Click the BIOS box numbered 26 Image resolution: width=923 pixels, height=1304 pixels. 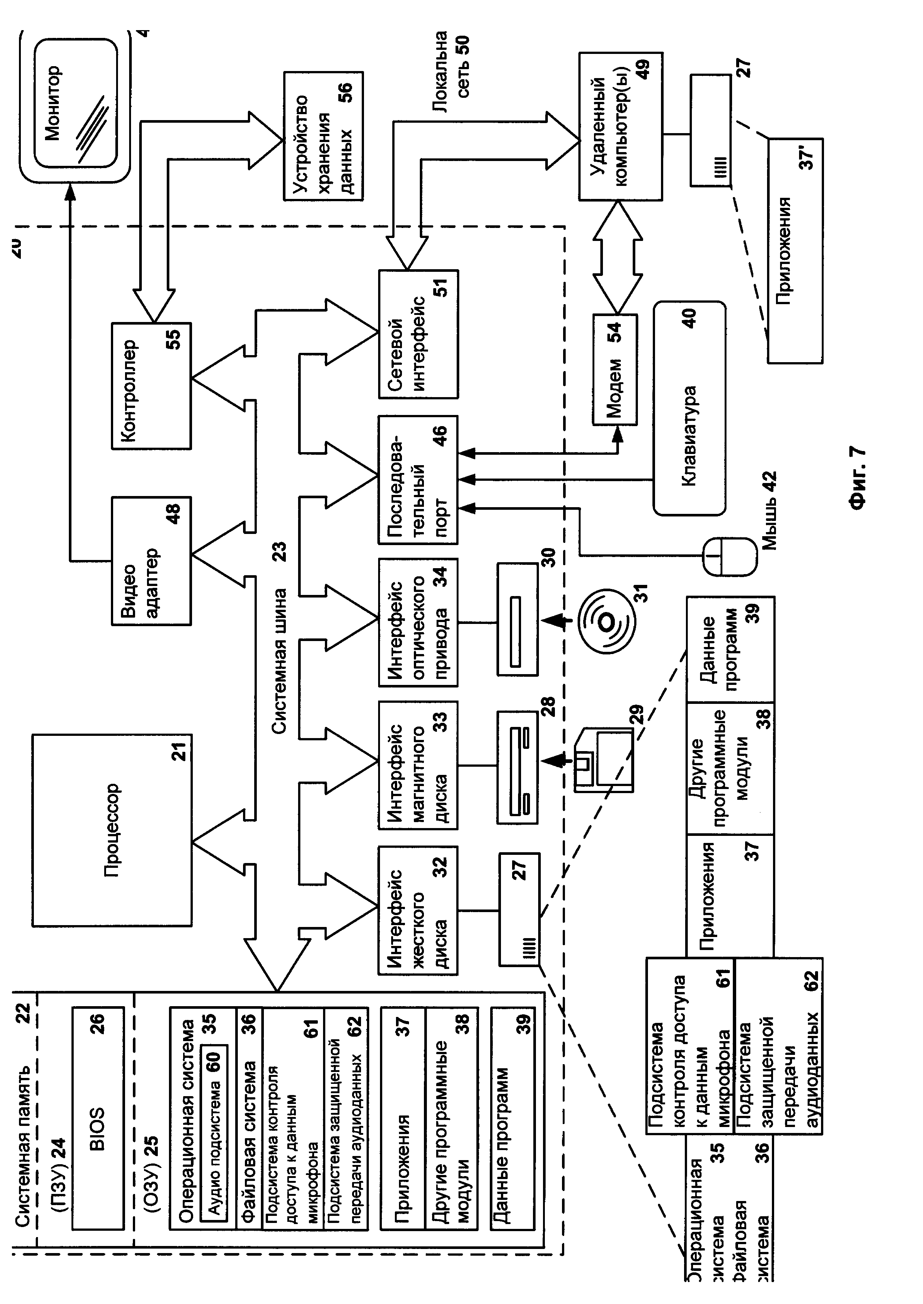coord(98,1119)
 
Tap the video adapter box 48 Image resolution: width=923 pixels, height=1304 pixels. coord(151,561)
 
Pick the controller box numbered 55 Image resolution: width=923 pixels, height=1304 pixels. coord(151,386)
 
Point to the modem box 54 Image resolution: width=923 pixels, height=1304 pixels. coord(615,370)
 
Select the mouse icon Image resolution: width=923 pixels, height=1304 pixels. coord(730,557)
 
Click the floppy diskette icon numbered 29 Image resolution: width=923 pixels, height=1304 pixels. coord(604,761)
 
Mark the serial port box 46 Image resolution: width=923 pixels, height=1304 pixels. coord(418,480)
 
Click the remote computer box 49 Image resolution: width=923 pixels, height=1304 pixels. coord(620,126)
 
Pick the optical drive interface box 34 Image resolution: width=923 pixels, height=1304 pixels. coord(418,622)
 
